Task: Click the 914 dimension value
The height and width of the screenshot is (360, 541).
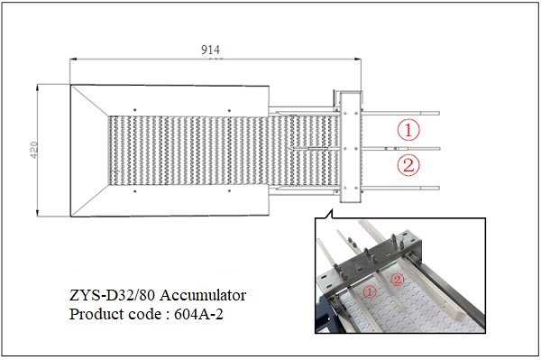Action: pyautogui.click(x=210, y=51)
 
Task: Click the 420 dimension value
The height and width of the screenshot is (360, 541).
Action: pyautogui.click(x=34, y=150)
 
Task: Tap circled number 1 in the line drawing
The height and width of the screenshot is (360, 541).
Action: pyautogui.click(x=408, y=130)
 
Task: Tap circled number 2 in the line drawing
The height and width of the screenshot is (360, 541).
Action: pyautogui.click(x=408, y=164)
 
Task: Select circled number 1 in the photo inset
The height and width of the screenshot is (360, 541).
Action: pyautogui.click(x=370, y=292)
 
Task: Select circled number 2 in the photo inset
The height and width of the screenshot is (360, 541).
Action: pyautogui.click(x=398, y=280)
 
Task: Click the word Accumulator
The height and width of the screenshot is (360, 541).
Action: pyautogui.click(x=203, y=295)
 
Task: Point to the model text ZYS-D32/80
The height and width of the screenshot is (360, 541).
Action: pyautogui.click(x=113, y=295)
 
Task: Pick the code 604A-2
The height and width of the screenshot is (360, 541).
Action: pyautogui.click(x=198, y=314)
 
